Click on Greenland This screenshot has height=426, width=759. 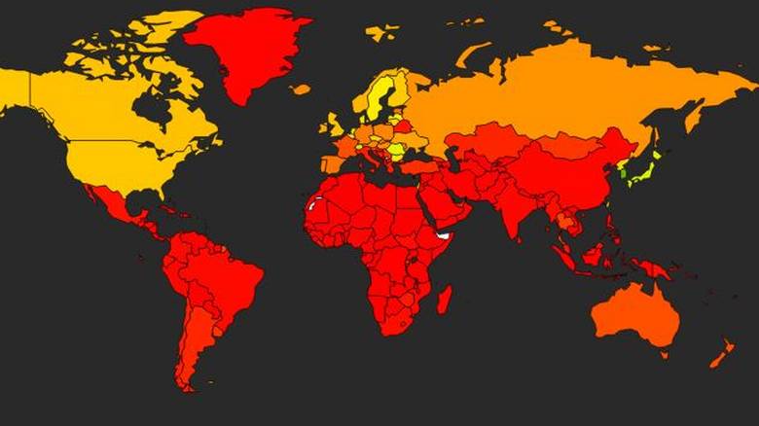pos(243,49)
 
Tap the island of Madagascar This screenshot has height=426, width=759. pos(444,299)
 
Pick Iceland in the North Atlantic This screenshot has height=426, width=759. pos(301,89)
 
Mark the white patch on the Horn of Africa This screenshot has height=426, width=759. pos(445,235)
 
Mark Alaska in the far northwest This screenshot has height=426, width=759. pos(15,88)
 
